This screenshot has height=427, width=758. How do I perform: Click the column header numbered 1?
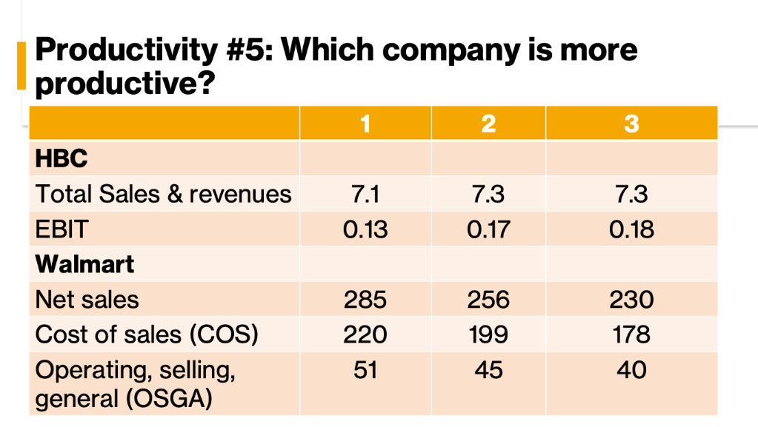tap(365, 123)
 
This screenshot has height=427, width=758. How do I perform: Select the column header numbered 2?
tap(488, 123)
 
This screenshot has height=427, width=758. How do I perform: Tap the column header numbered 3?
tap(631, 123)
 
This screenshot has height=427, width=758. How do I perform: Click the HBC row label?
tap(61, 158)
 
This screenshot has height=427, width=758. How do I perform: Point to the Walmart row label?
tap(85, 264)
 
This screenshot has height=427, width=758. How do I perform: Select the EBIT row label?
tap(61, 229)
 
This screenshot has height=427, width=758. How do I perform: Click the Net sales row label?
tap(87, 299)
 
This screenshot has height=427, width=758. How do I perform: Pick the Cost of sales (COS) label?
tap(147, 334)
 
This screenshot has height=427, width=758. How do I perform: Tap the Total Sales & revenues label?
tap(164, 194)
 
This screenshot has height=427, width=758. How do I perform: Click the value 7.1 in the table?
tap(365, 194)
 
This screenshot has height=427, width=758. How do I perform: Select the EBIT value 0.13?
tap(365, 229)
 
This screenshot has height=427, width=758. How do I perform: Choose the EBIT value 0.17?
tap(488, 229)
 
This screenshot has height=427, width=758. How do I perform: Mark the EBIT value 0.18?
tap(631, 229)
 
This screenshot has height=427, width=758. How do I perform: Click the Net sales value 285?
tap(365, 299)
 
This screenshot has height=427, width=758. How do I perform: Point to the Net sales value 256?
tap(488, 299)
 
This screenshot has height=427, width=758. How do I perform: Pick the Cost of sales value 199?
tap(488, 334)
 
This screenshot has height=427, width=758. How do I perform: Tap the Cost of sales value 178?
tap(631, 334)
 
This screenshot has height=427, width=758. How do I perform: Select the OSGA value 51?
tap(365, 369)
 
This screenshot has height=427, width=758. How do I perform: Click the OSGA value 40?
tap(631, 369)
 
